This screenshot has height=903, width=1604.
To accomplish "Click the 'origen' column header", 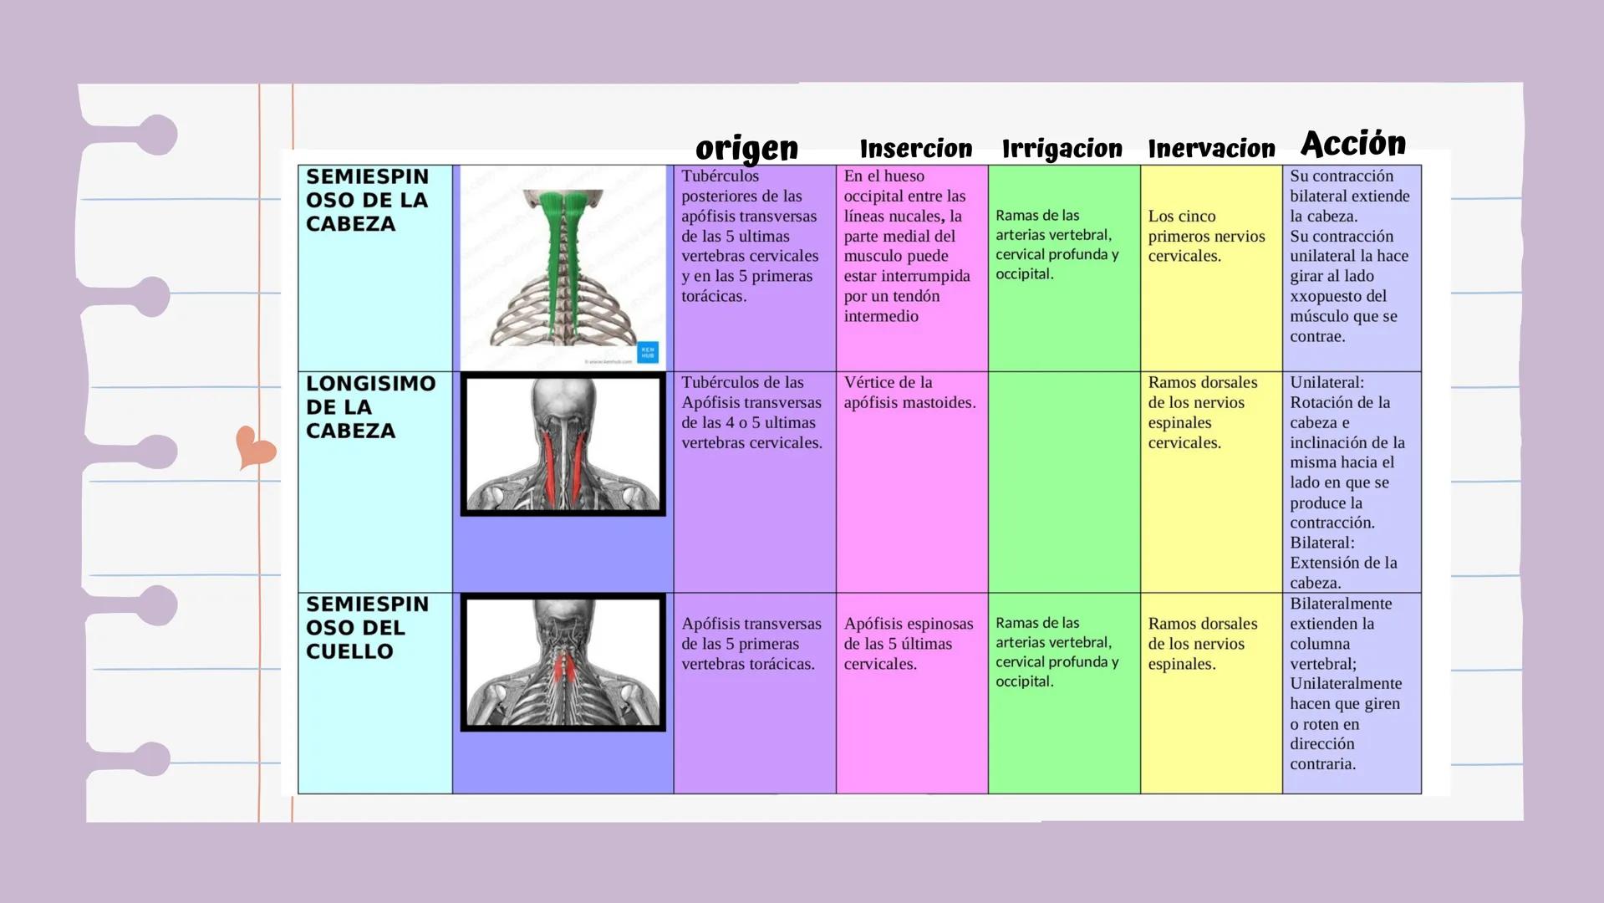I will tap(746, 148).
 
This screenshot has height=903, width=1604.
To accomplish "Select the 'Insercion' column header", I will tap(916, 149).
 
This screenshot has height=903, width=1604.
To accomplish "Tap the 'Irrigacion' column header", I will tap(1062, 149).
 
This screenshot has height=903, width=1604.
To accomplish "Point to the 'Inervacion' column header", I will tap(1211, 149).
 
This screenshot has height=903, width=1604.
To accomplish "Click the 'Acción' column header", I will tap(1353, 144).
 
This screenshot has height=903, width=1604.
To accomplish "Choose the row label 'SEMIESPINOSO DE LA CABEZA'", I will tap(367, 201).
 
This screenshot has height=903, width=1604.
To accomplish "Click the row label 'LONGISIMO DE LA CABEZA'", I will tap(370, 407).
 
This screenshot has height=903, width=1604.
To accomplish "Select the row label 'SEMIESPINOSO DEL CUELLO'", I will tap(367, 628).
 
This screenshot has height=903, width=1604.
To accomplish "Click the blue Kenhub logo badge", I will tap(648, 352).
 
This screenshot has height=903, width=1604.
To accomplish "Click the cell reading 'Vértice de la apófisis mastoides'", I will tap(909, 393).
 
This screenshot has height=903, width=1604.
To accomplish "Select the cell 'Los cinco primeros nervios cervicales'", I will tap(1206, 236).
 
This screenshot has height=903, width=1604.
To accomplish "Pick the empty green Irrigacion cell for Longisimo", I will tap(1063, 482).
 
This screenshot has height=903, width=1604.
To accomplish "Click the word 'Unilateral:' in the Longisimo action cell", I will tap(1326, 383).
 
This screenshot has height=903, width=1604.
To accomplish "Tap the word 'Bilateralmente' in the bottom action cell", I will tap(1341, 604).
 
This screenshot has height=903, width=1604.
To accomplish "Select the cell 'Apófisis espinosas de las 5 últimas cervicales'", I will tap(909, 644).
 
